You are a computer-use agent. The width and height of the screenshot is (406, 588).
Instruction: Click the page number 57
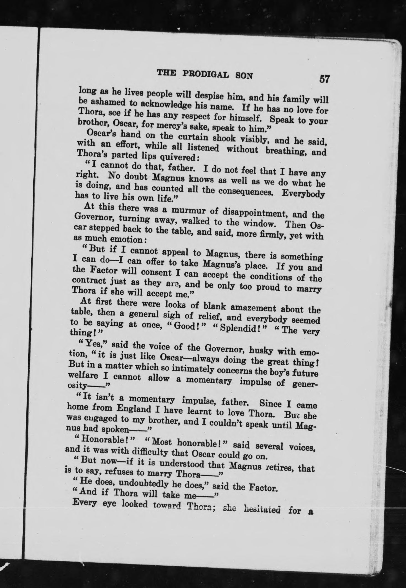click(324, 79)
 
